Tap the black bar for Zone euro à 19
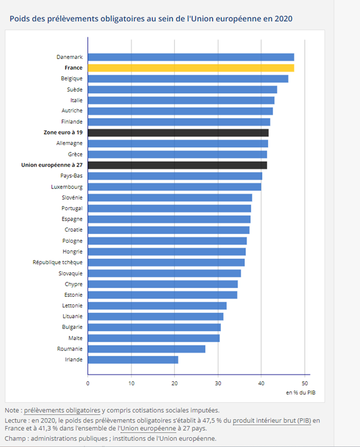point(178,133)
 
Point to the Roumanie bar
point(146,349)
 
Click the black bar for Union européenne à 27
point(177,165)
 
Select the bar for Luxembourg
point(174,187)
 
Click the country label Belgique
point(72,79)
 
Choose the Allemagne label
point(69,143)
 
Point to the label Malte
point(75,338)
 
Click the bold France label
point(73,68)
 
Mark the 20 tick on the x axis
point(174,383)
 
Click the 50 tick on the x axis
point(305,383)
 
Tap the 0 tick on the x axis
point(88,383)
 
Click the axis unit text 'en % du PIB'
point(301,393)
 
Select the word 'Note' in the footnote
point(12,410)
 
